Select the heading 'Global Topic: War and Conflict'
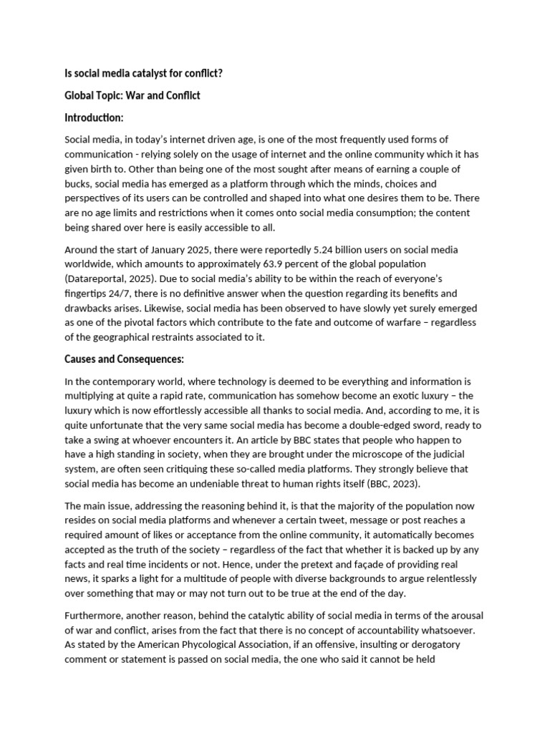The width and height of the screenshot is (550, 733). (132, 94)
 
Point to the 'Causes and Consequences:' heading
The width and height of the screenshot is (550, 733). (125, 359)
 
